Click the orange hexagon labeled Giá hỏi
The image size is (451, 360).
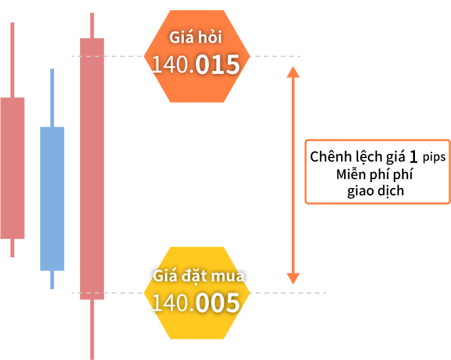coord(197,56)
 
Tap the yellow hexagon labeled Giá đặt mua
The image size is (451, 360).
coord(197,293)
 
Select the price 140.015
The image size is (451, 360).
coord(196,64)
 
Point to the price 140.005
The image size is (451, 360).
coord(196,303)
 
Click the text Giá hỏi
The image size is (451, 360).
coord(196,37)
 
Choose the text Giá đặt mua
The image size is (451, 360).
coord(198,276)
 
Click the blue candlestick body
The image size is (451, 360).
coord(52,198)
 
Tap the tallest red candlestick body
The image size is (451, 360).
coord(92,169)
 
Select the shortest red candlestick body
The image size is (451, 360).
coord(13,168)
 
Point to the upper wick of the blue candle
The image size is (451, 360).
coord(52,98)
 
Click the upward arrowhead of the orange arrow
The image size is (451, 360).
coord(293,72)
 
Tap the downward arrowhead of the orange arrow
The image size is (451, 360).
coord(293,278)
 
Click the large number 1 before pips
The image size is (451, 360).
coord(413,157)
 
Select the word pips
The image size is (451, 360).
coord(434,157)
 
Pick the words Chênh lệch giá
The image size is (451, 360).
coord(357,157)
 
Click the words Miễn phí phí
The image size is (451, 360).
coord(375,174)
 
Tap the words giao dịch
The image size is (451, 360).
coord(376,191)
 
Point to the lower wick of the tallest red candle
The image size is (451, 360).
coord(92,329)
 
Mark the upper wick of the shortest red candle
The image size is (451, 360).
coord(13,60)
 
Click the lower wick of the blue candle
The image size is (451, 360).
coord(52,279)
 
